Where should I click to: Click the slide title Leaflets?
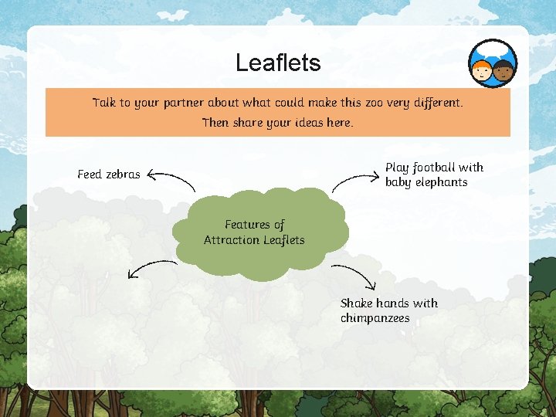coord(278,63)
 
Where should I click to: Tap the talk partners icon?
coord(493,63)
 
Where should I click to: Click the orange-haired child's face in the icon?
coord(483,72)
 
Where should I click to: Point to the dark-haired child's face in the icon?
coord(503,72)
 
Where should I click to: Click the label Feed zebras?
coord(109,175)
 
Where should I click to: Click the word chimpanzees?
coord(375,318)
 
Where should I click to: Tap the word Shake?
coord(356,303)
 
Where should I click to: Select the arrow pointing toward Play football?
coord(355,181)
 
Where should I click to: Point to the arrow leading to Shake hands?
coord(355,276)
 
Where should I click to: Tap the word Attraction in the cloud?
coord(231,240)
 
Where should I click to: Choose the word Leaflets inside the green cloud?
coord(283,240)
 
